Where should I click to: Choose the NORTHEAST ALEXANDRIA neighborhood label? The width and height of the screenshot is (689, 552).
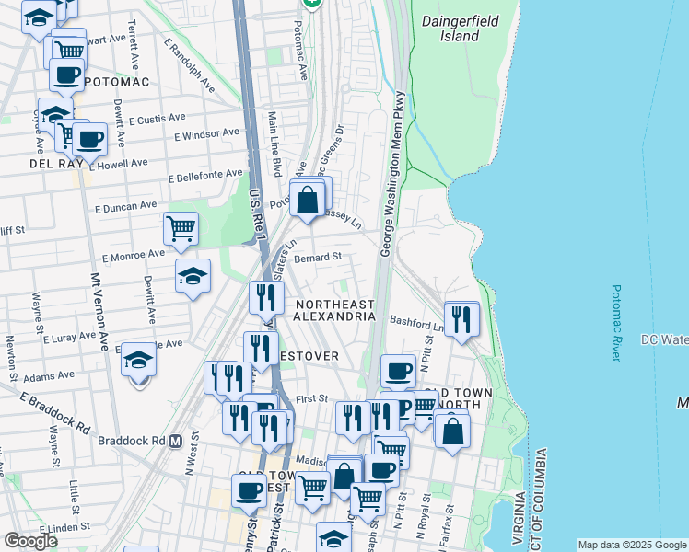tap(334, 310)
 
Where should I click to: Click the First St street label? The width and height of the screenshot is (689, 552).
tap(312, 398)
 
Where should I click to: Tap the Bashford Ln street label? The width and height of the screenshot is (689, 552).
tap(417, 322)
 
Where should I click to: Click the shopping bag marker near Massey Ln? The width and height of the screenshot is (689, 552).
tap(307, 197)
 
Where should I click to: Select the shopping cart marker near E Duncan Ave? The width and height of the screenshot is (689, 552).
tap(181, 228)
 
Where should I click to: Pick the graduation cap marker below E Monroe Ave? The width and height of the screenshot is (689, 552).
tap(193, 276)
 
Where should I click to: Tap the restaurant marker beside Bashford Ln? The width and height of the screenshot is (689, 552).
tap(461, 318)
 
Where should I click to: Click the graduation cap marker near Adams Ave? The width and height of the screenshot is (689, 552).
tap(138, 360)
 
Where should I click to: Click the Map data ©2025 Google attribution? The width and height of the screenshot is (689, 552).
tap(632, 545)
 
